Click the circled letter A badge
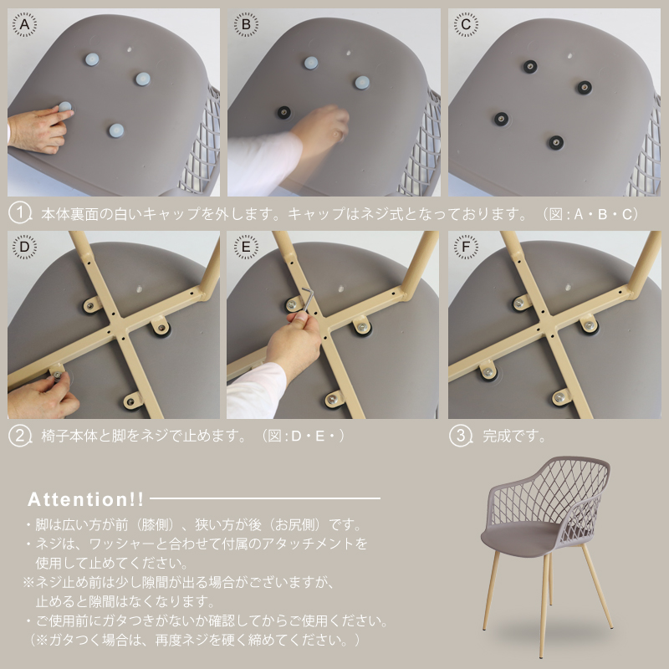point(24,24)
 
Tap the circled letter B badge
point(246,24)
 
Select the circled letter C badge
point(466,24)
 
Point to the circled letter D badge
point(24,247)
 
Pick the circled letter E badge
point(246,247)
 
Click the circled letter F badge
point(466,247)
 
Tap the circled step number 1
point(19,213)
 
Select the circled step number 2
point(19,436)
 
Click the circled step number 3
point(461,436)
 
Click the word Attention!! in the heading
point(86,499)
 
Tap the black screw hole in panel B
point(284,113)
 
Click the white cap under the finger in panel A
point(65,106)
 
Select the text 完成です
point(514,436)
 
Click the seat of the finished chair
point(521,538)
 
